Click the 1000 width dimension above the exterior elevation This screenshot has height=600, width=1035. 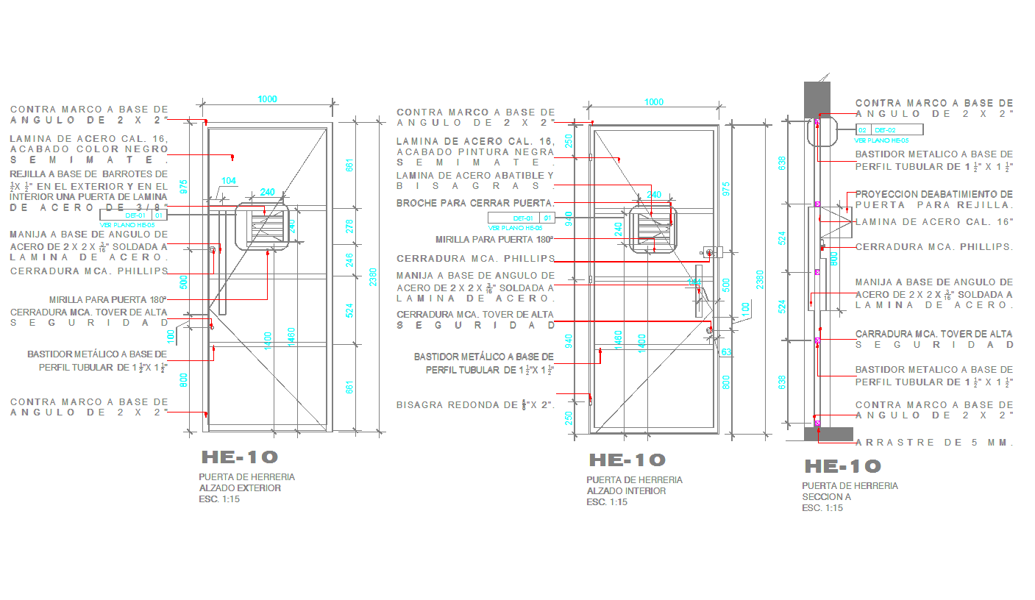(267, 99)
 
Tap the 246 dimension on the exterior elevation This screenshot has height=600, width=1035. (350, 260)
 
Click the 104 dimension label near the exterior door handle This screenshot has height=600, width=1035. (229, 181)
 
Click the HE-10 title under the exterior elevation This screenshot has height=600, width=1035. (240, 457)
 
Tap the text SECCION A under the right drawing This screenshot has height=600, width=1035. (826, 496)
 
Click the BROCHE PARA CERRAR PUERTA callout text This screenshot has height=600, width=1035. (475, 203)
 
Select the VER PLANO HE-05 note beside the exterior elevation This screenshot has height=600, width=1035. (127, 225)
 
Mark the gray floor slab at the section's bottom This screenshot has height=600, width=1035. (828, 434)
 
